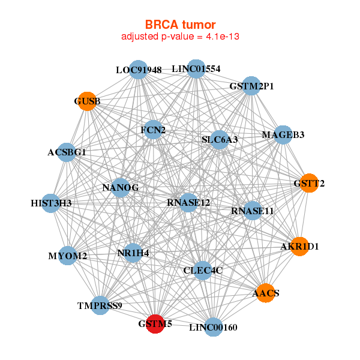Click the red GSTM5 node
(x=155, y=323)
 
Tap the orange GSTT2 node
(x=309, y=183)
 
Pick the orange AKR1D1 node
(x=299, y=246)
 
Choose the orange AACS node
(x=265, y=293)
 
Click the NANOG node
(x=121, y=188)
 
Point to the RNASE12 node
(x=188, y=203)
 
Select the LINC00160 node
(x=213, y=327)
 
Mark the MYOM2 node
(x=68, y=256)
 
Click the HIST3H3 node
(x=52, y=203)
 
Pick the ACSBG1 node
(x=67, y=152)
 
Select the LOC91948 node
(x=139, y=70)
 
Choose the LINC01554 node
(x=196, y=68)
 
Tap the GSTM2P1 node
(x=251, y=86)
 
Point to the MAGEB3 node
(x=283, y=134)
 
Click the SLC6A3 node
(x=220, y=140)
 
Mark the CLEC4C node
(x=203, y=271)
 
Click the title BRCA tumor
(x=180, y=25)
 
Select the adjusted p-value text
(x=180, y=37)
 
